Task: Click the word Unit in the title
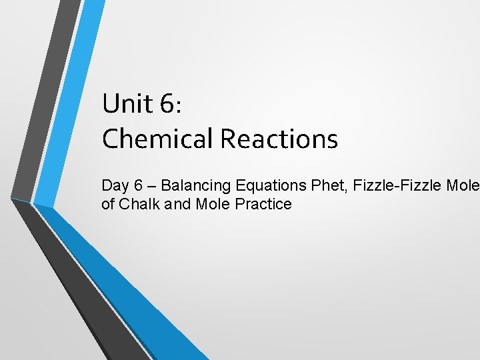(x=125, y=104)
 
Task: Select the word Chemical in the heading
(x=157, y=139)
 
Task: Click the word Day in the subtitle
(x=114, y=185)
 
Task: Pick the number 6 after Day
(x=137, y=185)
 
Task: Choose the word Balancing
(x=196, y=185)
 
